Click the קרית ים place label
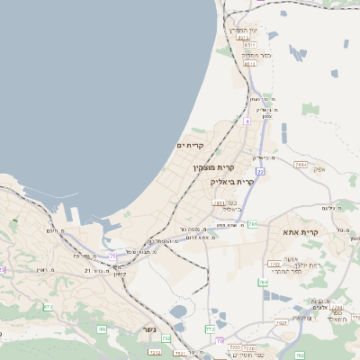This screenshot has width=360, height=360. click(191, 146)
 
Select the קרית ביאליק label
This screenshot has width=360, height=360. click(232, 182)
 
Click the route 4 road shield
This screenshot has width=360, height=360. click(245, 119)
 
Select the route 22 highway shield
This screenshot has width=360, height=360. click(259, 170)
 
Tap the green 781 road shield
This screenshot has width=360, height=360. click(253, 223)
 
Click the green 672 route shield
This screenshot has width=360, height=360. click(48, 307)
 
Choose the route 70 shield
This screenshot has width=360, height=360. click(220, 340)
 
